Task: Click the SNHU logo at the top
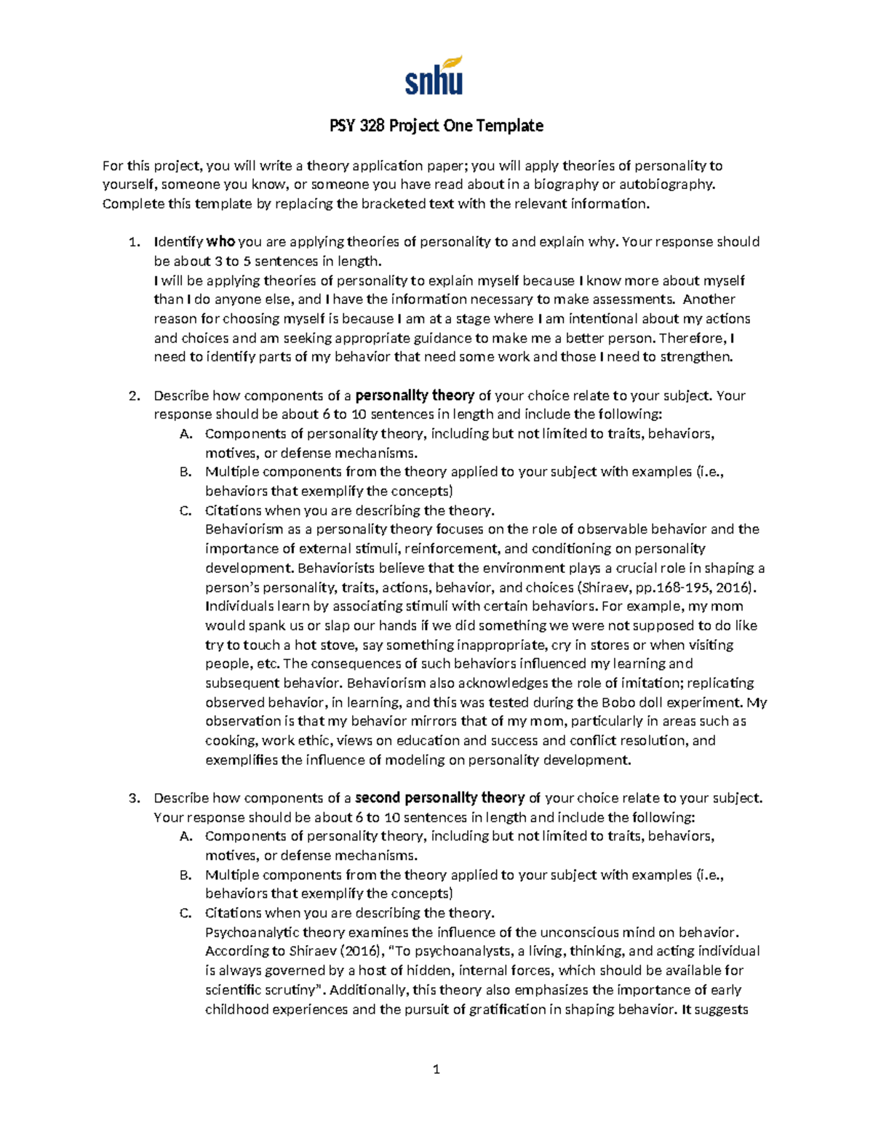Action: click(434, 76)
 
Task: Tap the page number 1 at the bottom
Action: click(436, 1069)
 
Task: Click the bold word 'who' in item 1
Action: click(221, 241)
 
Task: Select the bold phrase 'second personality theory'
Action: click(439, 797)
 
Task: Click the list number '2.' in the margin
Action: click(134, 395)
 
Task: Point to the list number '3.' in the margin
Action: click(134, 797)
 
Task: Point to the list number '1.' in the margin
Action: click(134, 241)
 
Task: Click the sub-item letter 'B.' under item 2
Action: click(186, 472)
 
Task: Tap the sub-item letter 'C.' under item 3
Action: click(186, 913)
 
